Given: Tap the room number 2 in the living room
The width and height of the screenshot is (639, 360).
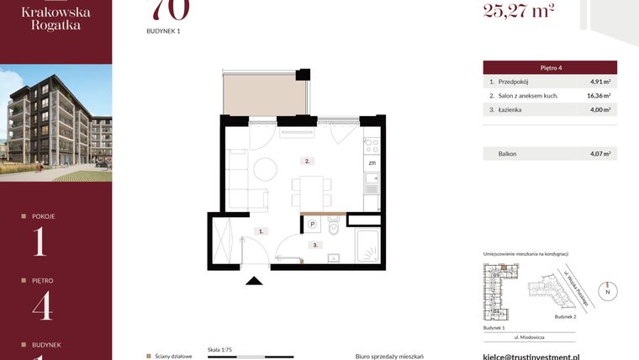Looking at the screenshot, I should coord(308,160).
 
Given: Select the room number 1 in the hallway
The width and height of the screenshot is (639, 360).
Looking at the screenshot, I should coord(261,230).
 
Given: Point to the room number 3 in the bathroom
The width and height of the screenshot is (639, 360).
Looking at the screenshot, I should coord(314,246).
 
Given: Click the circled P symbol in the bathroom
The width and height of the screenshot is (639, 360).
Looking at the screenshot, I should coord(312,225).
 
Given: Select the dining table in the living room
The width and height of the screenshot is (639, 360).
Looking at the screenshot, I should coord(309,189).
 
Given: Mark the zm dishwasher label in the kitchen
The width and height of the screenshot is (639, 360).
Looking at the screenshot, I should coord(371,162).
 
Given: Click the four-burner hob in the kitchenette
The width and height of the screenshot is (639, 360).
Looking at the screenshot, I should coord(372,141).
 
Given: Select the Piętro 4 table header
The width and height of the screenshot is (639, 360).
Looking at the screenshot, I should coord(550,67).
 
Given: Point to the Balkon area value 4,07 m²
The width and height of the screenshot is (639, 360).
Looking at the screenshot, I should coord(599,154).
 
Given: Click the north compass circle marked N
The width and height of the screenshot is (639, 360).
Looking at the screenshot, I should coord(609,291).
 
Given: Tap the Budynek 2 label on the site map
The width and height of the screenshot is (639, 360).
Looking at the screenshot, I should coord(565,317).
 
